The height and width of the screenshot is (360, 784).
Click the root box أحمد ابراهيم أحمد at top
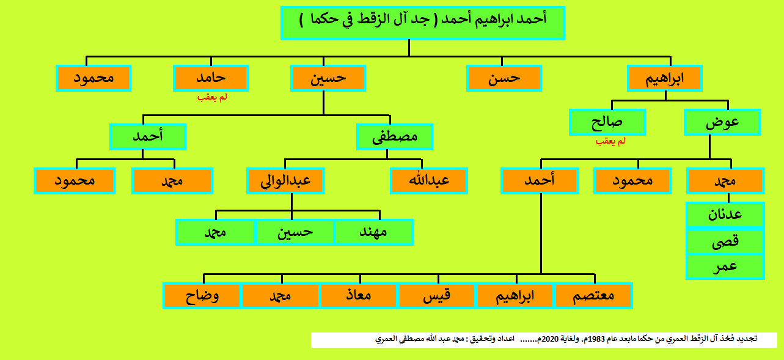coord(423,23)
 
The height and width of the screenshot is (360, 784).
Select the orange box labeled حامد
coord(211,78)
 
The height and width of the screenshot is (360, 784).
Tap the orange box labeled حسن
coord(504,78)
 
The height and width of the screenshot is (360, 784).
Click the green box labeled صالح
coord(607,122)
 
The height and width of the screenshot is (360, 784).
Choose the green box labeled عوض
coord(722,122)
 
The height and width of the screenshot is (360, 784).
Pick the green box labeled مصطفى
coord(395,137)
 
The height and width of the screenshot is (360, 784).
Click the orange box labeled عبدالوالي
coord(285,181)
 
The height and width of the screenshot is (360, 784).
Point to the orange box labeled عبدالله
coord(429,181)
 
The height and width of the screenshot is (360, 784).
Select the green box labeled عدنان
coord(725,215)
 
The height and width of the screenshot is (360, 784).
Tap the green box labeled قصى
coord(725,241)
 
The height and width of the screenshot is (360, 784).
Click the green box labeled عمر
coord(725,267)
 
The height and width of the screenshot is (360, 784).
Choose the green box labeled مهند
coord(374,232)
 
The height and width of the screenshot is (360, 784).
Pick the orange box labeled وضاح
coord(202,296)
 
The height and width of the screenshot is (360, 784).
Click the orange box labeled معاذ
coord(359,296)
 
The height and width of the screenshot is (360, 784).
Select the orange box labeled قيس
coord(437,296)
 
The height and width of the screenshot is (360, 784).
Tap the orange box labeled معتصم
coord(593,296)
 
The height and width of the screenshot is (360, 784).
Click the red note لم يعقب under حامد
coord(212,97)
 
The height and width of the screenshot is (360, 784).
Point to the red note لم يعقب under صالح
coord(610,141)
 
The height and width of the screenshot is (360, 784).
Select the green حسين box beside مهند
coord(295,232)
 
